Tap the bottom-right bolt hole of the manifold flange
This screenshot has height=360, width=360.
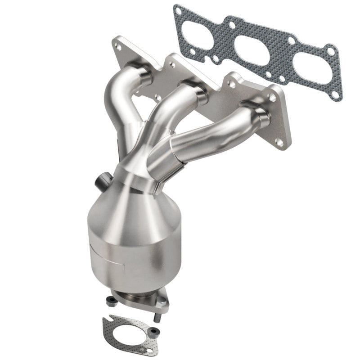click(x=280, y=143)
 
